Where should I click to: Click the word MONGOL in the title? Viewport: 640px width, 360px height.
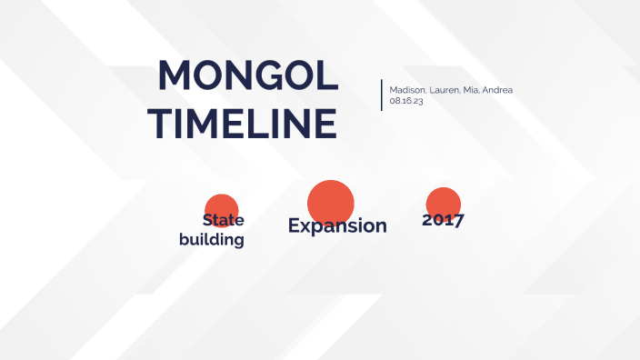[248, 75]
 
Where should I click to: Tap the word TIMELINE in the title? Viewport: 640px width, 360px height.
[242, 123]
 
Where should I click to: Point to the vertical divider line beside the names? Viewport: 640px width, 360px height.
[382, 95]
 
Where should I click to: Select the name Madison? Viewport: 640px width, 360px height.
[405, 90]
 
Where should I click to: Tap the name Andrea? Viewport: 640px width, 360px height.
[496, 90]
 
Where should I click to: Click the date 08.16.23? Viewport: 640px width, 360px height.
[405, 101]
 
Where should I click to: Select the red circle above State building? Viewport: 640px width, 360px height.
[221, 207]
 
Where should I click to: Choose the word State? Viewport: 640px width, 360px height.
[224, 220]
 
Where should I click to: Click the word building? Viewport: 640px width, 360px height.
[212, 240]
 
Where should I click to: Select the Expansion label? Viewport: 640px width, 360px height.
[337, 225]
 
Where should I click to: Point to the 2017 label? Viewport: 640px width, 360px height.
[443, 220]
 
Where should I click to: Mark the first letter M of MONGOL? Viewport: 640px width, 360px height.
[176, 75]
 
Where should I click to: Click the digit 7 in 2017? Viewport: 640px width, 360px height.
[458, 220]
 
